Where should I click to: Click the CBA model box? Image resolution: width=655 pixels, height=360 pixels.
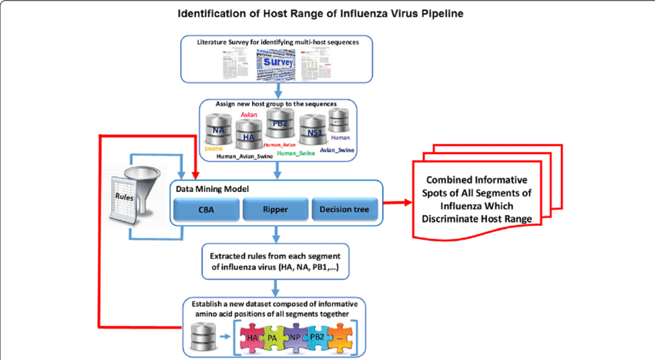206,208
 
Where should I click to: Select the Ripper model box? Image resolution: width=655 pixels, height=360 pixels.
274,208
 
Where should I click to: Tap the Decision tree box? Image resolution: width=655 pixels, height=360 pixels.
344,208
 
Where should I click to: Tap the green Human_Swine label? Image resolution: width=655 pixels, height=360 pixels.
296,153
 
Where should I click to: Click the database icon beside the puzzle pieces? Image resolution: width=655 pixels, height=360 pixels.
202,337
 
